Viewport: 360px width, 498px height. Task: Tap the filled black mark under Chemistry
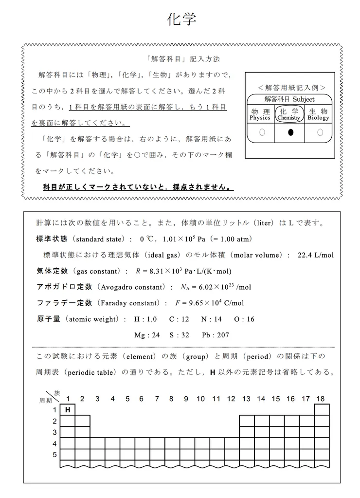click(x=290, y=132)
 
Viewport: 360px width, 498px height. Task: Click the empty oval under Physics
click(x=262, y=132)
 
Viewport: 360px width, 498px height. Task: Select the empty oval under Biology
click(x=320, y=132)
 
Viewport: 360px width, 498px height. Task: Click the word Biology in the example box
click(x=319, y=118)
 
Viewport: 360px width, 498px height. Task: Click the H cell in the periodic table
click(x=68, y=410)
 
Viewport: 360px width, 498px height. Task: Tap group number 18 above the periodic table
click(x=320, y=399)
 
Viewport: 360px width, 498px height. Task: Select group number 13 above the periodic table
click(x=246, y=399)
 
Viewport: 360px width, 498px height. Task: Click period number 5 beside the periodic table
click(x=54, y=455)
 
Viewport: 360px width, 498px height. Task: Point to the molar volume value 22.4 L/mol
click(x=315, y=255)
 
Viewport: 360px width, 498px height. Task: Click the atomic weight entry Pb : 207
click(x=216, y=335)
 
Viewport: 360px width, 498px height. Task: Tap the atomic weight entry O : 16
click(x=244, y=319)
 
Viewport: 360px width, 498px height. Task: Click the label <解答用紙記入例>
click(x=290, y=88)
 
